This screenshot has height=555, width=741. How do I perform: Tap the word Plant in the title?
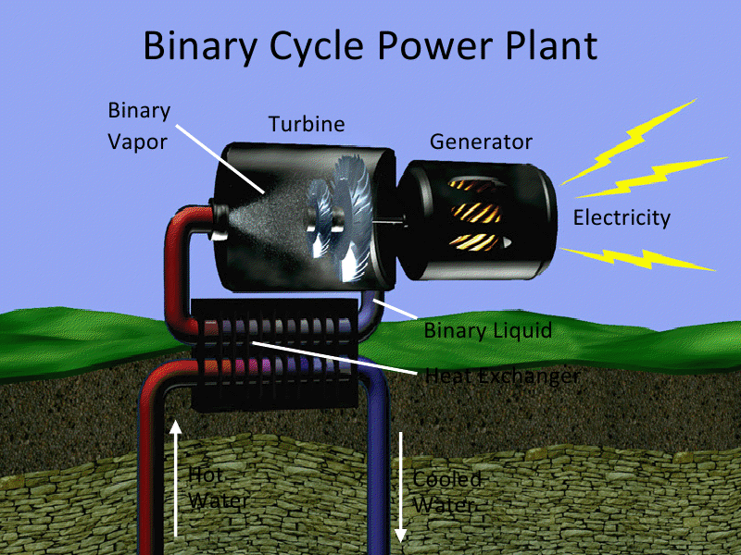pyautogui.click(x=549, y=45)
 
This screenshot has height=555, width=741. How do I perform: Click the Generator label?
pyautogui.click(x=481, y=142)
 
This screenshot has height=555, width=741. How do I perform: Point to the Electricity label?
pyautogui.click(x=621, y=218)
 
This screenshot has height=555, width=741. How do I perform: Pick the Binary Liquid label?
pyautogui.click(x=487, y=330)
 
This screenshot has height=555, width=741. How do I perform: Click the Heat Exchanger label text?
pyautogui.click(x=502, y=376)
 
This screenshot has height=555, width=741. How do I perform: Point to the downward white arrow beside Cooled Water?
pyautogui.click(x=400, y=486)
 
